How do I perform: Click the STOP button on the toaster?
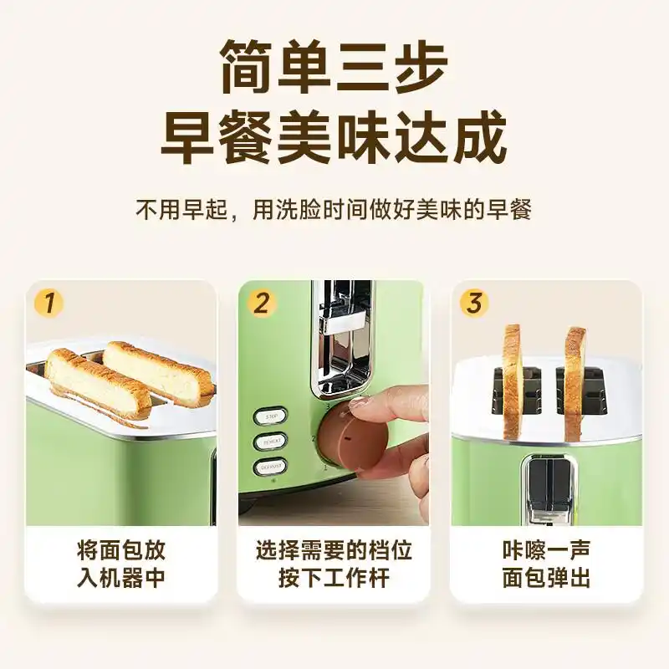pyautogui.click(x=270, y=415)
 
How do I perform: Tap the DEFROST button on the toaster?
pyautogui.click(x=270, y=467)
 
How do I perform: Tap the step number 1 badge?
pyautogui.click(x=49, y=303)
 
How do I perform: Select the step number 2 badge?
pyautogui.click(x=262, y=303)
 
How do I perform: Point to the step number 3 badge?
pyautogui.click(x=474, y=303)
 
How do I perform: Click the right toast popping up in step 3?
pyautogui.click(x=575, y=380)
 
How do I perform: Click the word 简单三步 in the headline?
pyautogui.click(x=334, y=68)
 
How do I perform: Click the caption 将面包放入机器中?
pyautogui.click(x=121, y=564)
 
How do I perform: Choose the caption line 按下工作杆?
pyautogui.click(x=334, y=578)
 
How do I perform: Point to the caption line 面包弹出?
pyautogui.click(x=546, y=578)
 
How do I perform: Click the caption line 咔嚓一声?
pyautogui.click(x=546, y=549)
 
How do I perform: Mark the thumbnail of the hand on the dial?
pyautogui.click(x=334, y=401)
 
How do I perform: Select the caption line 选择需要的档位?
pyautogui.click(x=334, y=549)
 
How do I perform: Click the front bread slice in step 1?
pyautogui.click(x=99, y=385)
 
